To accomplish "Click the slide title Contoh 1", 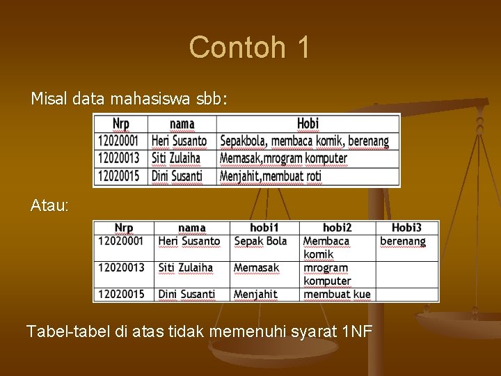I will pos(249,47).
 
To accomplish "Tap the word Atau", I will pos(49,205).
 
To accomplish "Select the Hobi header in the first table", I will pos(308,123).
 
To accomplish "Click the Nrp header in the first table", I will pos(121,124).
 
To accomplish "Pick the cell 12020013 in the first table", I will pos(118,158).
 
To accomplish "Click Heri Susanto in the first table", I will pos(179,141).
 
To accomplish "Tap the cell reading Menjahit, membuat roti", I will pos(271,176).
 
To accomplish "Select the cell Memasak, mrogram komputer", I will pos(283,158).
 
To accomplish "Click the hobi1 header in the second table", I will pos(264,228).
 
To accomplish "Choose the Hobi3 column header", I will pos(406,228).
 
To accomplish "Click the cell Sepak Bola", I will pos(260,241).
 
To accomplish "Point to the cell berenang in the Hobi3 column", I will pos(403,241).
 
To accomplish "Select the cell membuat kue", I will pos(337,295).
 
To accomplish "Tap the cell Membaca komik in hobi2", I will pos(326,247).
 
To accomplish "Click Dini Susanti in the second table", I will pos(186,295).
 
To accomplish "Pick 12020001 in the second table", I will pos(121,241).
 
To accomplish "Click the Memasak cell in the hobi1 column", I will pos(256,267).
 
